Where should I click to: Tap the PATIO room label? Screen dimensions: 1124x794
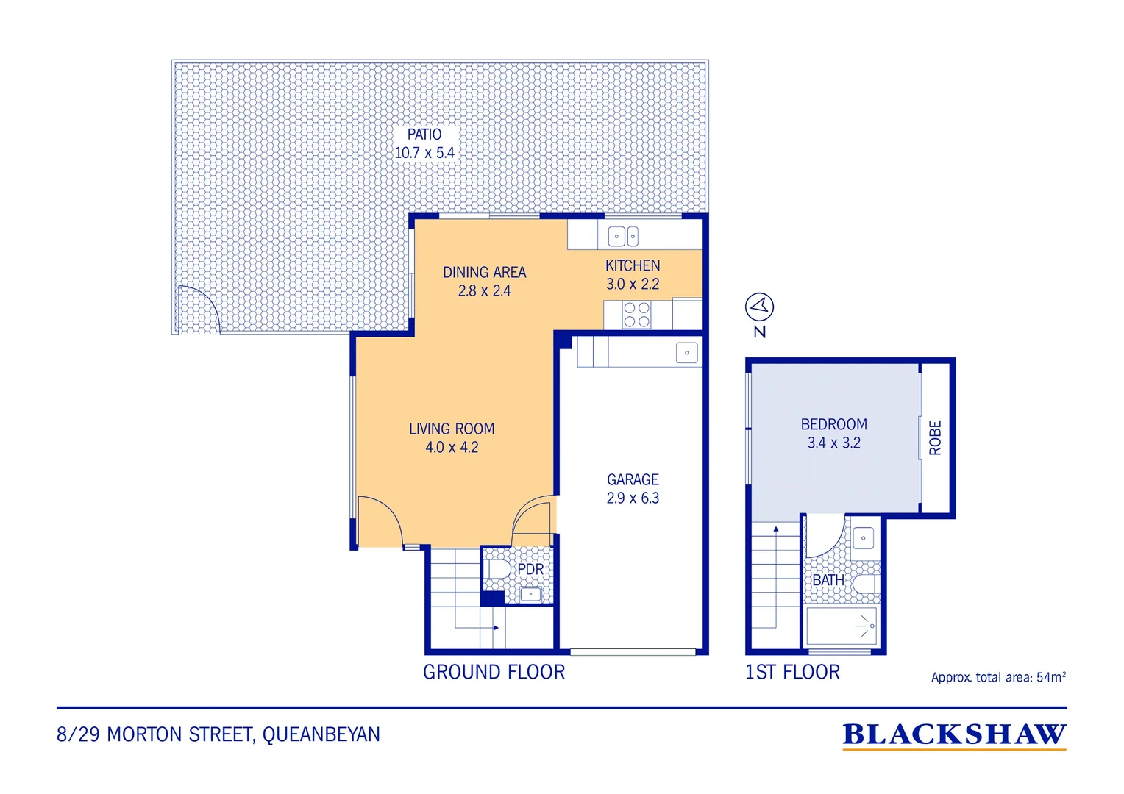pyautogui.click(x=424, y=135)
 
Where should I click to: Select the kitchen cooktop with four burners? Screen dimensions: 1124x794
pyautogui.click(x=637, y=315)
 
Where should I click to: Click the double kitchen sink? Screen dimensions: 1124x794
pyautogui.click(x=623, y=236)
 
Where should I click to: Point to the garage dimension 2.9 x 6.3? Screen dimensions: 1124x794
pyautogui.click(x=633, y=498)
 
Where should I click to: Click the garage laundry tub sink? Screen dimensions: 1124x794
pyautogui.click(x=686, y=353)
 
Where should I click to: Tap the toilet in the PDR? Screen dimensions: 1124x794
pyautogui.click(x=499, y=569)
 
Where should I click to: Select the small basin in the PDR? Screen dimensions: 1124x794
pyautogui.click(x=530, y=594)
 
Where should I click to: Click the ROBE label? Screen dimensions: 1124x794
pyautogui.click(x=935, y=438)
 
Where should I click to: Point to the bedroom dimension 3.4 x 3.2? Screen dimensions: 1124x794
pyautogui.click(x=833, y=443)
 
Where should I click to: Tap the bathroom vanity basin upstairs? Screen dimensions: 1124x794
pyautogui.click(x=863, y=538)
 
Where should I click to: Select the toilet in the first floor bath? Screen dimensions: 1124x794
pyautogui.click(x=865, y=584)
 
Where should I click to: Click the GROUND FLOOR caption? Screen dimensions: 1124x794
pyautogui.click(x=494, y=672)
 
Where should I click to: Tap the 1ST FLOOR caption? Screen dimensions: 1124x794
pyautogui.click(x=792, y=672)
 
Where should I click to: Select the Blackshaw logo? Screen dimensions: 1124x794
pyautogui.click(x=954, y=736)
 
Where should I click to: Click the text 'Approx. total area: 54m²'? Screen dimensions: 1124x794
pyautogui.click(x=998, y=677)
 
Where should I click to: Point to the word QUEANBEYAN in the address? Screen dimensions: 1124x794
pyautogui.click(x=321, y=734)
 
